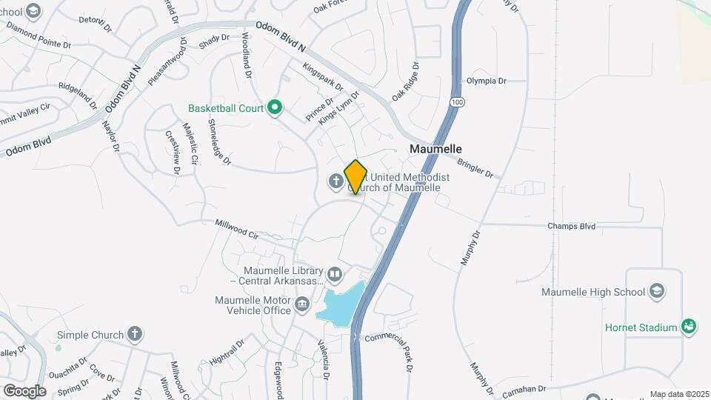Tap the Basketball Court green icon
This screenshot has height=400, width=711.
275,108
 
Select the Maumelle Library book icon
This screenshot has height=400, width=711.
335,276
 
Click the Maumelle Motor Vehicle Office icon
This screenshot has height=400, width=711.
301,304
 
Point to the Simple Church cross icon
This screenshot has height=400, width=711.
133,334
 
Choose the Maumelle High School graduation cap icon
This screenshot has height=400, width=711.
656,291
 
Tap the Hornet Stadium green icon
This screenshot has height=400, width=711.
689,327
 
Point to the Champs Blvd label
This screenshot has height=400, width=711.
571,226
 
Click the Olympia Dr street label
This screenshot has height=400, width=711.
486,81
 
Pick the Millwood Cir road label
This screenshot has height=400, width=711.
236,229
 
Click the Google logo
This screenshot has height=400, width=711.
24,390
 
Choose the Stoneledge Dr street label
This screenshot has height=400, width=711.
221,141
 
